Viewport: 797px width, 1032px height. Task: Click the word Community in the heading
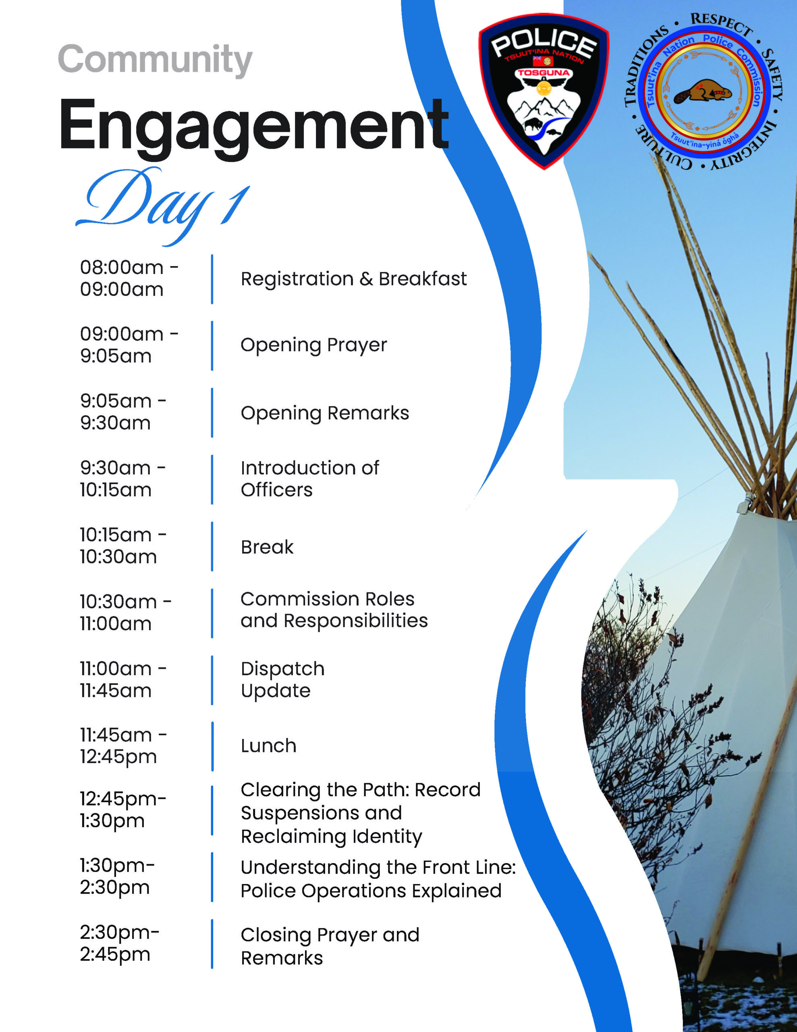[x=155, y=60]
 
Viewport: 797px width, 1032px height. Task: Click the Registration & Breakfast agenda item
[x=353, y=279]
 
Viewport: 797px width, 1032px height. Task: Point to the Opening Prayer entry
[x=314, y=345]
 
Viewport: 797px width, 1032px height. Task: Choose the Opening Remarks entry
[x=325, y=413]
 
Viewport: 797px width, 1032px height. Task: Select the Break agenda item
[x=267, y=547]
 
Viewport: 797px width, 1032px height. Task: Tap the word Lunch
[x=268, y=746]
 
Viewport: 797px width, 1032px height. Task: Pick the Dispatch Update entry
[x=282, y=680]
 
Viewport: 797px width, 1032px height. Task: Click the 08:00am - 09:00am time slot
[x=129, y=278]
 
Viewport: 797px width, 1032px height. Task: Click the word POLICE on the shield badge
[x=543, y=44]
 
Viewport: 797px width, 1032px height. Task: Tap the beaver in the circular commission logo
[x=702, y=92]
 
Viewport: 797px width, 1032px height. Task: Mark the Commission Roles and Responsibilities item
[x=334, y=610]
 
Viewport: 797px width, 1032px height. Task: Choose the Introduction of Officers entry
[x=309, y=479]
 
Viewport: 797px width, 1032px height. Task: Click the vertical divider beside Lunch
[x=212, y=746]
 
